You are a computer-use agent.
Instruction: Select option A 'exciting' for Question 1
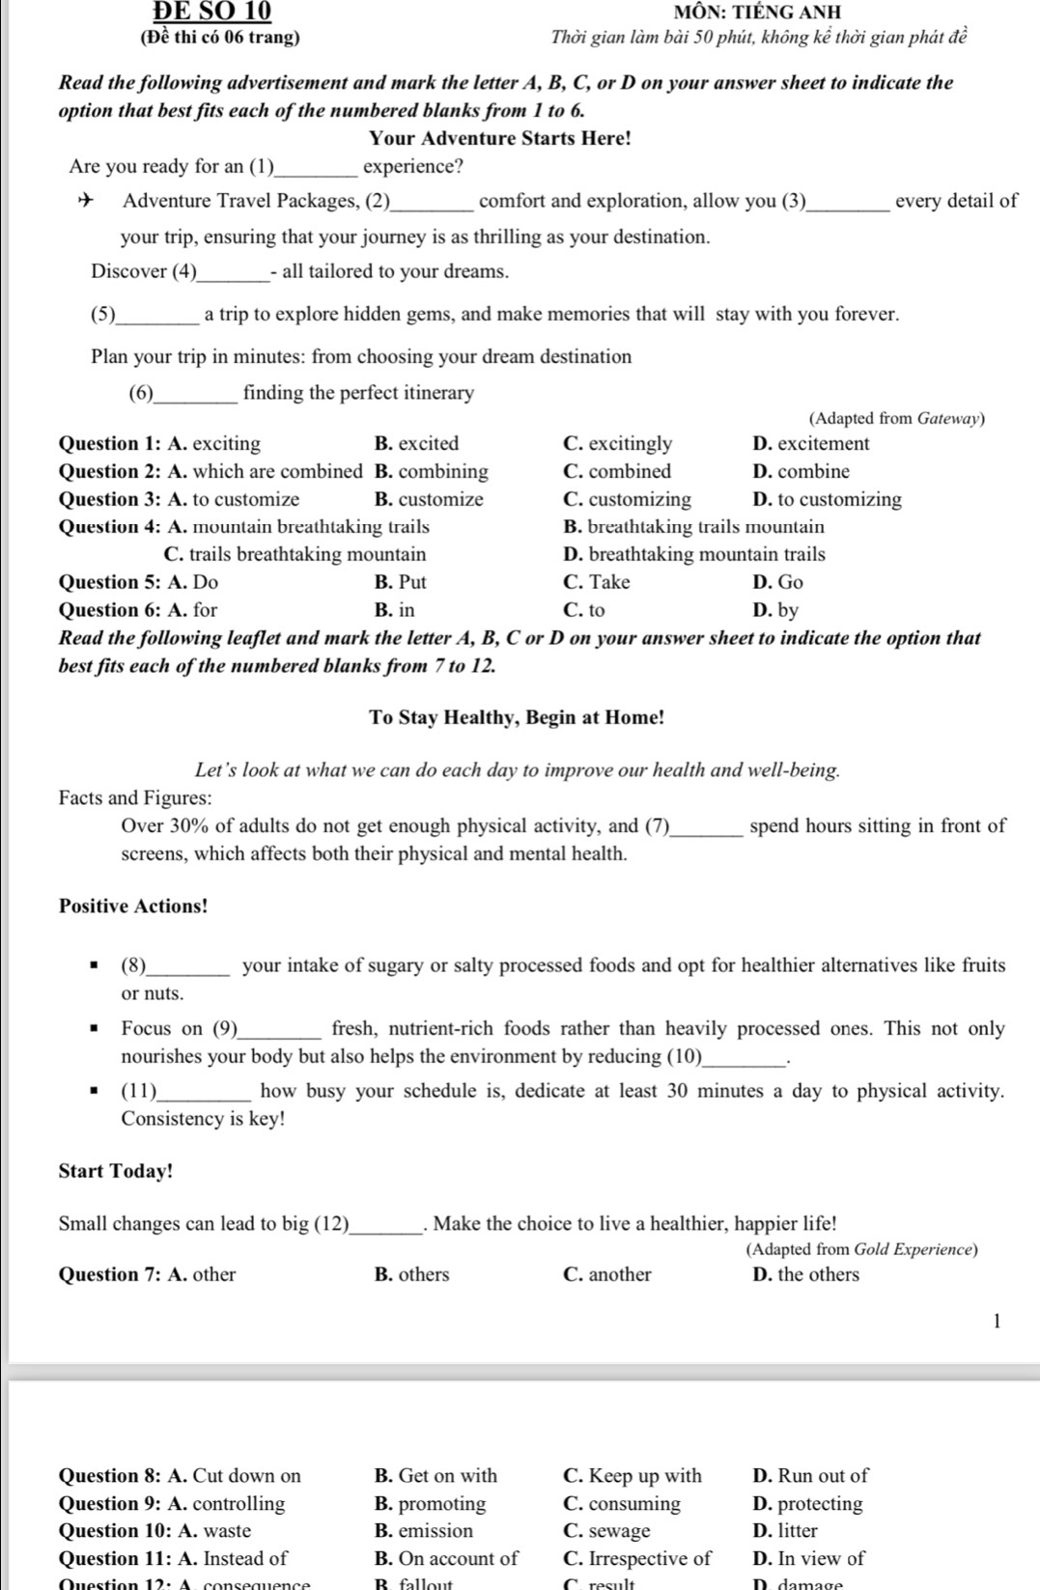pyautogui.click(x=214, y=444)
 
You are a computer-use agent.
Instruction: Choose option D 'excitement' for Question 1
pyautogui.click(x=810, y=444)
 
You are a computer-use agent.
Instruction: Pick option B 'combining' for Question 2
pyautogui.click(x=431, y=472)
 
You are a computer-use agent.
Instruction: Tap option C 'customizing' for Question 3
pyautogui.click(x=627, y=500)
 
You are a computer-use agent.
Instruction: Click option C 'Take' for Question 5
pyautogui.click(x=596, y=582)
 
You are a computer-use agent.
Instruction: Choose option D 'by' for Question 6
pyautogui.click(x=775, y=610)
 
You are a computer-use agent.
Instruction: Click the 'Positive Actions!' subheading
pyautogui.click(x=133, y=907)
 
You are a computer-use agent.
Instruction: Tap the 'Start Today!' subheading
pyautogui.click(x=116, y=1171)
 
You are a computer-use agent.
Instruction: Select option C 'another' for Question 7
pyautogui.click(x=606, y=1274)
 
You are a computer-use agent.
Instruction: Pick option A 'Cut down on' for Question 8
pyautogui.click(x=235, y=1475)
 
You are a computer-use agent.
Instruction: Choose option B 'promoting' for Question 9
pyautogui.click(x=430, y=1503)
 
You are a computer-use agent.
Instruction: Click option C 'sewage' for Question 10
pyautogui.click(x=606, y=1530)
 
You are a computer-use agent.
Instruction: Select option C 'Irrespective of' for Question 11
pyautogui.click(x=636, y=1558)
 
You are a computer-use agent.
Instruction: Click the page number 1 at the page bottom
pyautogui.click(x=997, y=1321)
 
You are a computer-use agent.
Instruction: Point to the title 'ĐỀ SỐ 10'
pyautogui.click(x=212, y=11)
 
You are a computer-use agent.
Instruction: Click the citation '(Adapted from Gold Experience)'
pyautogui.click(x=861, y=1249)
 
